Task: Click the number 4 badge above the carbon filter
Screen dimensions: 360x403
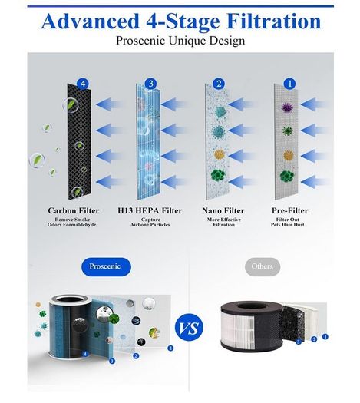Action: (x=83, y=84)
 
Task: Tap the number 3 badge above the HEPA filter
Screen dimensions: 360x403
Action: (x=151, y=84)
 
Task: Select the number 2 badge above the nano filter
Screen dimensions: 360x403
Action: (x=219, y=84)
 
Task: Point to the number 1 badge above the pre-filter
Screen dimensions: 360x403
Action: (x=289, y=84)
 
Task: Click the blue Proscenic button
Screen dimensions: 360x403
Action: (x=106, y=266)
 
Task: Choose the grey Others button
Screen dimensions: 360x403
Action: (x=263, y=266)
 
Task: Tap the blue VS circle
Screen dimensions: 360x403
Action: (x=189, y=328)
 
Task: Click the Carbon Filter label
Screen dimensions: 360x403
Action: (x=74, y=211)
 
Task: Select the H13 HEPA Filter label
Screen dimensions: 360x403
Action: (x=150, y=211)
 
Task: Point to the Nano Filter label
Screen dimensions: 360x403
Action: (x=223, y=211)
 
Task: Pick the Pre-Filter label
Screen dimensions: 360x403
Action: (x=290, y=211)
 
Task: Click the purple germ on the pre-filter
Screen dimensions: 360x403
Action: (x=288, y=107)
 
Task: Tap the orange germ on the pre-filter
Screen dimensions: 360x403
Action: (x=289, y=155)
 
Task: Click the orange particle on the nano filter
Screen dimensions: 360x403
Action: (x=220, y=154)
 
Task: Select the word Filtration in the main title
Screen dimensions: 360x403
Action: (x=274, y=21)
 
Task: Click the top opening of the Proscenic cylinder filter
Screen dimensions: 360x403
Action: (x=71, y=300)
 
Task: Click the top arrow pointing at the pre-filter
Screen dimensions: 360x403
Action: (x=314, y=104)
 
